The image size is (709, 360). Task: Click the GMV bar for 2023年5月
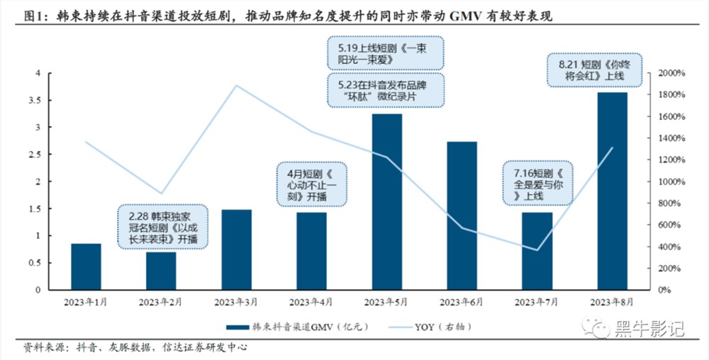386,201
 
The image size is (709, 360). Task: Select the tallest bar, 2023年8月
612,191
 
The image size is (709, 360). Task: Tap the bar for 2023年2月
161,271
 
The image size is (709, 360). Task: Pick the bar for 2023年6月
462,215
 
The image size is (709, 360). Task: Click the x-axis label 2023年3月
236,302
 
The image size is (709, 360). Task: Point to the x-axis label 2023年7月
537,302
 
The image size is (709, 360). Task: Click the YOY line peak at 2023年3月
236,86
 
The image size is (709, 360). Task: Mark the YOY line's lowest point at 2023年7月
537,249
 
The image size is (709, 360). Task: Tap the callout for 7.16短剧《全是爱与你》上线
536,184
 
